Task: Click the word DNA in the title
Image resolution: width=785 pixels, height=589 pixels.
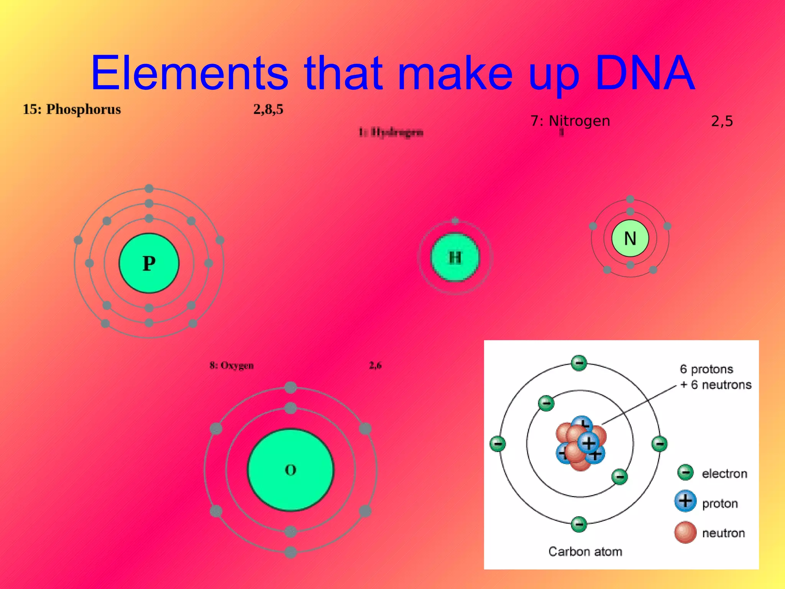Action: [x=645, y=72]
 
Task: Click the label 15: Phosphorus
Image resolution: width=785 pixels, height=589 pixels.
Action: [x=72, y=110]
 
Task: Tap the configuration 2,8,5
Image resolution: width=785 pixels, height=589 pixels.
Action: [x=268, y=110]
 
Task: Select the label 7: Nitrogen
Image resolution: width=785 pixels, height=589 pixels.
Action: [x=570, y=121]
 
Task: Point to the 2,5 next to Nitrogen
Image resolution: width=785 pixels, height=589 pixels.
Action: [x=722, y=122]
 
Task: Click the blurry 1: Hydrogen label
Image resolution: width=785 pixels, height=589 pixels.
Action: [x=391, y=132]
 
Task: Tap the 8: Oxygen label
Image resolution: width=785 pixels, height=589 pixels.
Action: [x=232, y=365]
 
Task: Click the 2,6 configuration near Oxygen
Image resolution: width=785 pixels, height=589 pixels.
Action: [x=375, y=365]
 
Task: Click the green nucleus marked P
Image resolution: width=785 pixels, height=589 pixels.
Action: [x=149, y=263]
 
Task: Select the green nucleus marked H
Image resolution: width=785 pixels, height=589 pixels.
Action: [x=455, y=257]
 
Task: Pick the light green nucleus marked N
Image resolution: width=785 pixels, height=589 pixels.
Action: [x=630, y=238]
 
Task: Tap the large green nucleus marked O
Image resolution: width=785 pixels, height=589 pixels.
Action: [x=291, y=470]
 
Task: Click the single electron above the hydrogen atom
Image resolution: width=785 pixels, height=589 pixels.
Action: [x=455, y=220]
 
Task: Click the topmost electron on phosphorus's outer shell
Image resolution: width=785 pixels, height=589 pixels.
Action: [x=149, y=188]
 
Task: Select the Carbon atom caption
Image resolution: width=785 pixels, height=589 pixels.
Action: [x=585, y=551]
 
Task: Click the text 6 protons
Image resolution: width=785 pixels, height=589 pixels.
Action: [x=706, y=369]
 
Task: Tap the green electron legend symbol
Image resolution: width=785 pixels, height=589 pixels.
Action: [x=685, y=472]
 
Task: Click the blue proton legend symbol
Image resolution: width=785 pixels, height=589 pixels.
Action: [x=685, y=501]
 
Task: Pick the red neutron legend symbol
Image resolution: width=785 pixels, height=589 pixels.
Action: [x=685, y=532]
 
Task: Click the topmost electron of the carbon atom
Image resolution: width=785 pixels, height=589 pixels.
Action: [x=579, y=363]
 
